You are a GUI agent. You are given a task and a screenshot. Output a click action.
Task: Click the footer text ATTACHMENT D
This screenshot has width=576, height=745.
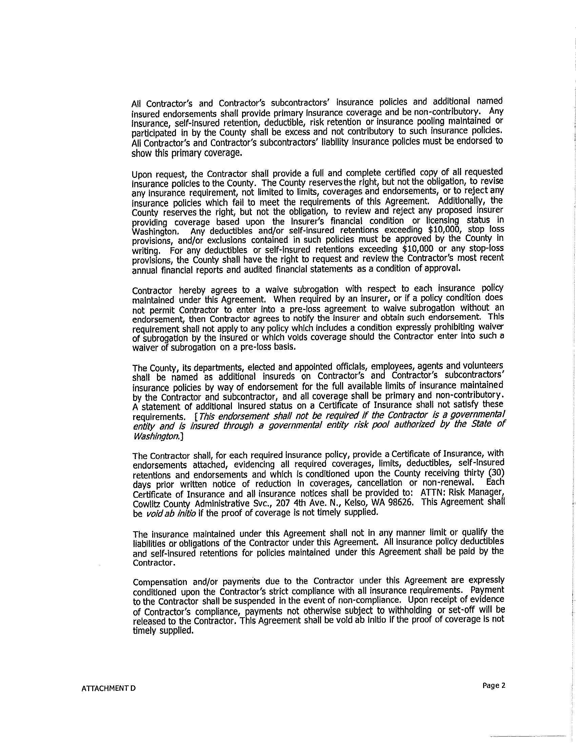[x=108, y=688]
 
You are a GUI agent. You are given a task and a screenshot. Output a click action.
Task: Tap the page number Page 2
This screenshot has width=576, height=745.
[x=493, y=685]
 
